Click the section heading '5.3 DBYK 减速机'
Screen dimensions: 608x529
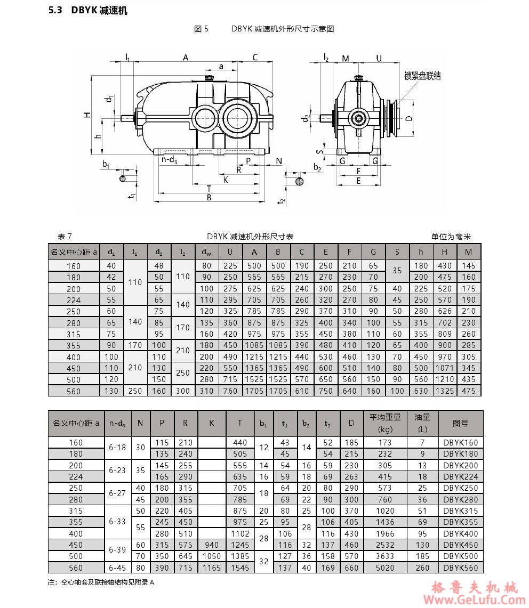coord(88,11)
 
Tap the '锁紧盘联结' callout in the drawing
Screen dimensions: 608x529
coord(422,76)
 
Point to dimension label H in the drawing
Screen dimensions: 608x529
coord(86,115)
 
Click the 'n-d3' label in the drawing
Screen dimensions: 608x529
coord(169,159)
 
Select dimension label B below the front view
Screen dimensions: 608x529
coord(209,198)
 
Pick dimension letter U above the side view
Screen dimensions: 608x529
coord(379,58)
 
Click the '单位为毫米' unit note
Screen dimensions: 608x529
coord(452,237)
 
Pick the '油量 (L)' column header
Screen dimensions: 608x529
coord(422,423)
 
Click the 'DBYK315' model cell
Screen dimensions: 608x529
coord(461,510)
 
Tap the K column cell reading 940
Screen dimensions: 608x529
coord(212,545)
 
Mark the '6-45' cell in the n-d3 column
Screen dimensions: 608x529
coord(117,568)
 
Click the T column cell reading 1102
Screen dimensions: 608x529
coord(240,533)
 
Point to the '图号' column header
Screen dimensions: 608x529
coord(461,423)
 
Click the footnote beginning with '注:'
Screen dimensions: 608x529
coord(101,582)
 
